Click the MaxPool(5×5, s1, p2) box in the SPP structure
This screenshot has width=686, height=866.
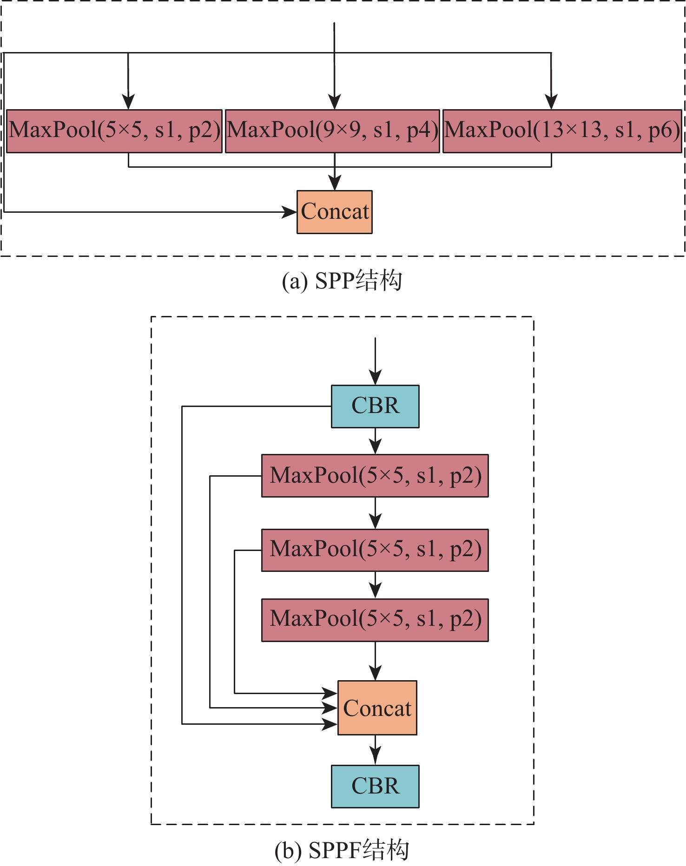coord(114,131)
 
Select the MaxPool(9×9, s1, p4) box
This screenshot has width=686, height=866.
coord(332,131)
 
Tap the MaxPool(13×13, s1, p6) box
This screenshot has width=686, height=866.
coord(562,131)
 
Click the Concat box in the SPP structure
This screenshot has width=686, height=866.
coord(335,212)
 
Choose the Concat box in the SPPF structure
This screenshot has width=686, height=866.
coord(377,708)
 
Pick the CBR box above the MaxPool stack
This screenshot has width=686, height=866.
coord(375,406)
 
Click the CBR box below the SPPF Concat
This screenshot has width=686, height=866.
coord(375,786)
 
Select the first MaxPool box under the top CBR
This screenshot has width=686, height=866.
coord(375,476)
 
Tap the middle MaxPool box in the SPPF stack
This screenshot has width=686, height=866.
coord(375,550)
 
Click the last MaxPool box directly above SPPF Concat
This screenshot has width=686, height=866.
coord(375,620)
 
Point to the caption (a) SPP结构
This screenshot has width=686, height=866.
coord(342,281)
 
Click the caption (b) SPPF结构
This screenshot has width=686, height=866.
coord(342,850)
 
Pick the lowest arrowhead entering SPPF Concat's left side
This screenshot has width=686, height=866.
coord(330,724)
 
